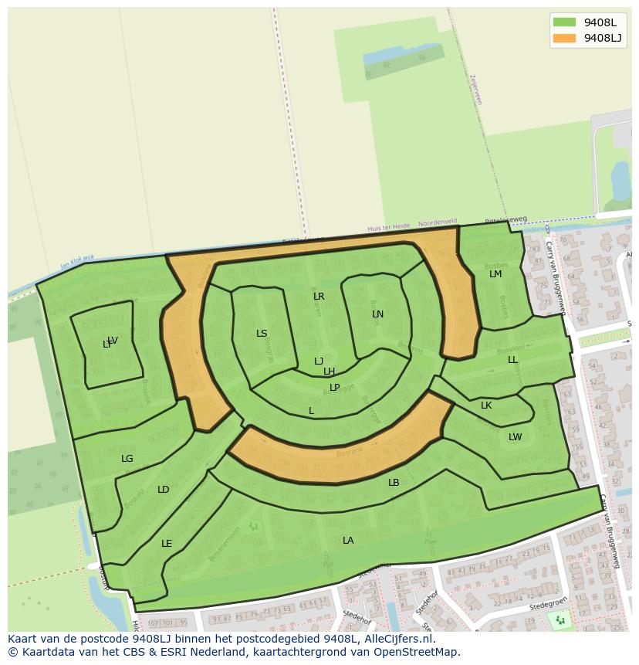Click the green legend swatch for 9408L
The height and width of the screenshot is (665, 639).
tap(564, 22)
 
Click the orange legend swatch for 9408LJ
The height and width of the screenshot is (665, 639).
tap(564, 38)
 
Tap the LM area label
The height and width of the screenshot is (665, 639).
tap(495, 274)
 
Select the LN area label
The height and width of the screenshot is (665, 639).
tap(377, 314)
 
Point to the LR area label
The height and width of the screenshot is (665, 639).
tap(319, 297)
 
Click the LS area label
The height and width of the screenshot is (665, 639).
tap(262, 334)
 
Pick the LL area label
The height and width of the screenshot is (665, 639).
tap(512, 360)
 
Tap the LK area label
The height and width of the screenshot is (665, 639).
tap(486, 405)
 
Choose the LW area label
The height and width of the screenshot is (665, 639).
tap(515, 437)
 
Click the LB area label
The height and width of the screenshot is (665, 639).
tap(394, 483)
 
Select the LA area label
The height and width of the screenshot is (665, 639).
tap(348, 541)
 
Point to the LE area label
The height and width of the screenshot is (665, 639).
tap(167, 544)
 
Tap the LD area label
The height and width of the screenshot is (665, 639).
tap(163, 490)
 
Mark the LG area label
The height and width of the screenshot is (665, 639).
tap(127, 459)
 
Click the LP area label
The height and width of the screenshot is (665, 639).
tap(334, 388)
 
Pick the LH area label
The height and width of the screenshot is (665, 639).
tap(329, 372)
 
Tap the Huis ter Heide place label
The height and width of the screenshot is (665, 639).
tap(389, 227)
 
